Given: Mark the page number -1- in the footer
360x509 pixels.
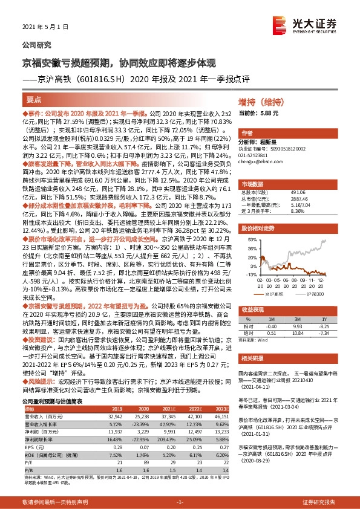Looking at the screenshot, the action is pos(180,502).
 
